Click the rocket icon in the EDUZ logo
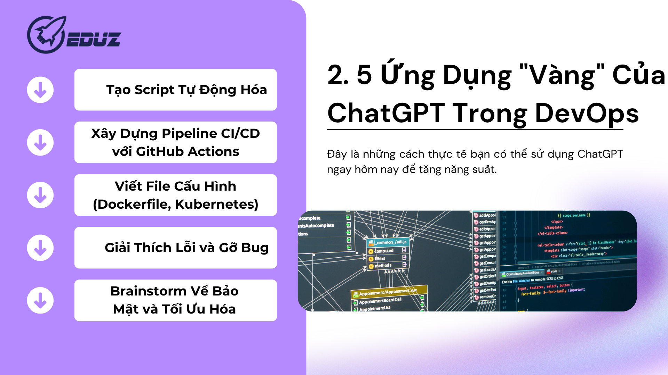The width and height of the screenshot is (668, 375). pos(46,35)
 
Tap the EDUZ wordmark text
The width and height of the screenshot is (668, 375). pos(93,39)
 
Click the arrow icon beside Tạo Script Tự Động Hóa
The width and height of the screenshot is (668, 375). pos(40,90)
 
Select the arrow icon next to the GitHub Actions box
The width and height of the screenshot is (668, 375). pos(40,142)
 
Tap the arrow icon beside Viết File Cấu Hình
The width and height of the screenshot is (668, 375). pos(40,195)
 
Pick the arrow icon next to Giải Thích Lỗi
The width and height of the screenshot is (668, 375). pos(40,248)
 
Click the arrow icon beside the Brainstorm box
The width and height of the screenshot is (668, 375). pos(40,300)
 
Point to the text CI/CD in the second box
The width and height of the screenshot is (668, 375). pos(240,134)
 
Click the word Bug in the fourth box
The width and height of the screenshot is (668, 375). pos(255,248)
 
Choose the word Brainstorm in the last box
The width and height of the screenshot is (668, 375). pos(149,291)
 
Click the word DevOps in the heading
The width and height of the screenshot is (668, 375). pos(587,114)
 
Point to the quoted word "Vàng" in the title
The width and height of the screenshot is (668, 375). pos(562,75)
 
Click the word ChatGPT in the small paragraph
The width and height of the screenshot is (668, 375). pos(600,154)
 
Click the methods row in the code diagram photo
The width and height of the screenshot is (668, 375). pos(383,266)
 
